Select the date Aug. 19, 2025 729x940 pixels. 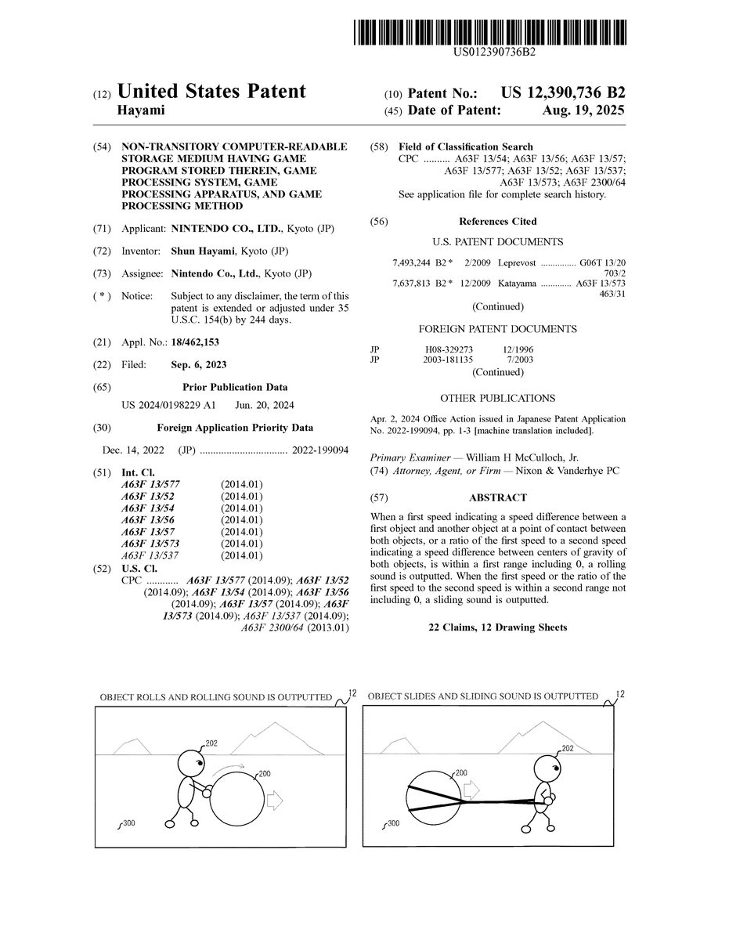(583, 110)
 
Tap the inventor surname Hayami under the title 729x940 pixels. (140, 110)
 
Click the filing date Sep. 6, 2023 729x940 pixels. (199, 364)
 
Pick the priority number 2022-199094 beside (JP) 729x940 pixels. (320, 450)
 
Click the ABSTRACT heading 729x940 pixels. (497, 497)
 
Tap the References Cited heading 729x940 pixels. (497, 222)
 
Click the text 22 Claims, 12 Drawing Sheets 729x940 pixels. (497, 627)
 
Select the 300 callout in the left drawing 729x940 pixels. (128, 823)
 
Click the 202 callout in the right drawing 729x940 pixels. (568, 749)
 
